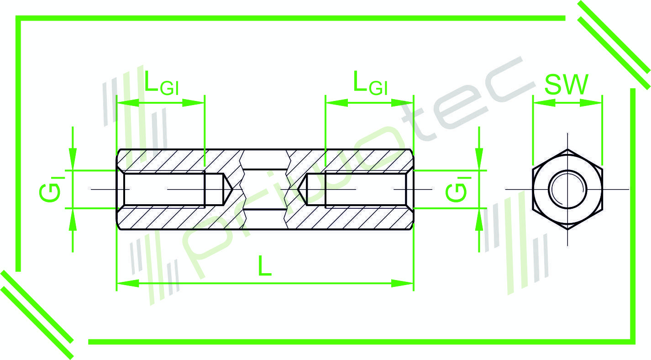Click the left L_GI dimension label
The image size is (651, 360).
point(161,83)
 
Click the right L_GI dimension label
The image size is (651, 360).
point(370,83)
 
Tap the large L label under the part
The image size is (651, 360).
point(264,266)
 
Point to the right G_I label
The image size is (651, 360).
point(456,189)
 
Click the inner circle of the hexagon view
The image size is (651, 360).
point(567,189)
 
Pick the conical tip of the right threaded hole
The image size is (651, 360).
point(302,189)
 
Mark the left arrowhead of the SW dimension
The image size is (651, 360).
point(541,103)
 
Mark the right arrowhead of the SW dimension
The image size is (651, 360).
point(593,103)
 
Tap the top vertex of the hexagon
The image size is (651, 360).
point(567,149)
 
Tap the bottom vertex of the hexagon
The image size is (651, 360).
point(567,228)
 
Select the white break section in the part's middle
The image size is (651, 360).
point(265,189)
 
